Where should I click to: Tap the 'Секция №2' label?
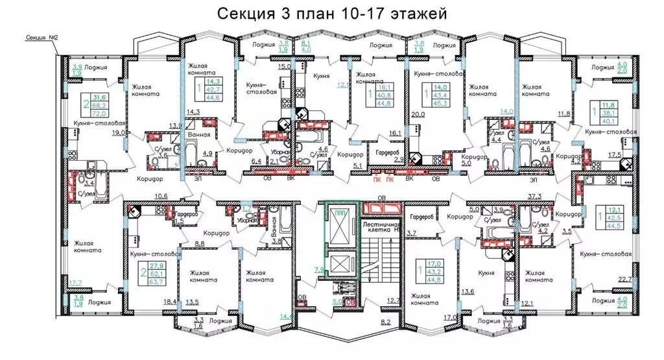click(x=40, y=37)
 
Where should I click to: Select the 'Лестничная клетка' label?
click(x=380, y=225)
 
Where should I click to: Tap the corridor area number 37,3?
click(x=535, y=195)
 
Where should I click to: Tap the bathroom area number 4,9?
click(x=208, y=154)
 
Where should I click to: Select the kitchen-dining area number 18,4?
click(x=171, y=302)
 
